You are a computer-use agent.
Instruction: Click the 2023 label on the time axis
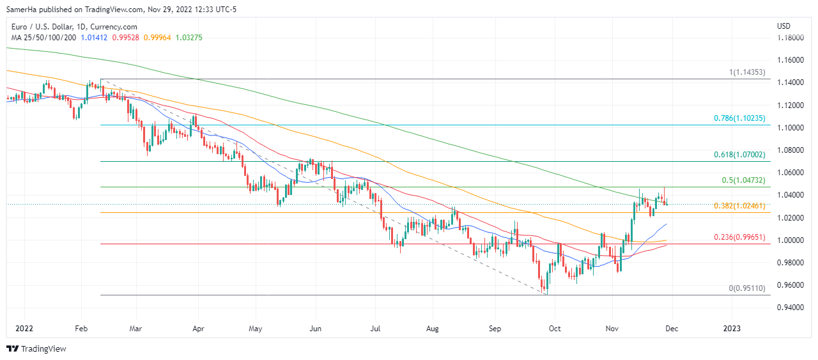tap(731, 329)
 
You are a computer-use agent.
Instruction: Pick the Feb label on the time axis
tap(81, 329)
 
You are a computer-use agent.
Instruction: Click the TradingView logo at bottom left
tap(36, 349)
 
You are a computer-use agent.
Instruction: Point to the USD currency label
tap(783, 26)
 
